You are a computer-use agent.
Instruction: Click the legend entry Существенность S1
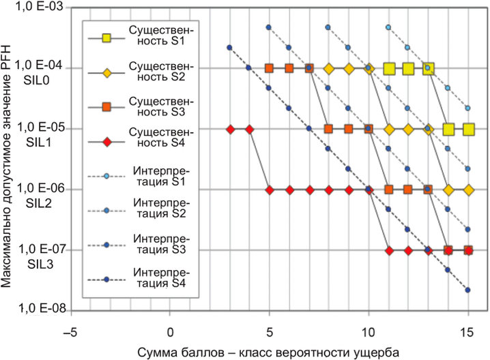click(141, 35)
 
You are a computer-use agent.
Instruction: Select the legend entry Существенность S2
click(141, 71)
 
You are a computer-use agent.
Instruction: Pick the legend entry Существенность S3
click(141, 106)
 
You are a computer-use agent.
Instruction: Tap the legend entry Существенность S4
click(141, 137)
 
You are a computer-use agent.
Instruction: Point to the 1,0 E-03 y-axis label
click(39, 6)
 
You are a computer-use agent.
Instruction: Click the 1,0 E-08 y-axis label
click(42, 308)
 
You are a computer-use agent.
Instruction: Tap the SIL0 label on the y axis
click(36, 80)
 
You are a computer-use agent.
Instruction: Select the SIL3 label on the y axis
click(40, 264)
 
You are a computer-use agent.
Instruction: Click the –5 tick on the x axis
click(70, 333)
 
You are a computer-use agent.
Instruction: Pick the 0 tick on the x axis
click(170, 333)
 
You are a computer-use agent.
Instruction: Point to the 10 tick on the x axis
click(369, 333)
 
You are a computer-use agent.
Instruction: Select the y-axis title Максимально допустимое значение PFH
click(6, 166)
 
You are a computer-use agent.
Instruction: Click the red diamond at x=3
click(231, 130)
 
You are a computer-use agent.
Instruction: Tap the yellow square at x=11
click(389, 68)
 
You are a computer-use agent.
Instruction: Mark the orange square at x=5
click(269, 68)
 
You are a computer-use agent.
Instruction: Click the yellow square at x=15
click(468, 130)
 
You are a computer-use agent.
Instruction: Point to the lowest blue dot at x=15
click(467, 290)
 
